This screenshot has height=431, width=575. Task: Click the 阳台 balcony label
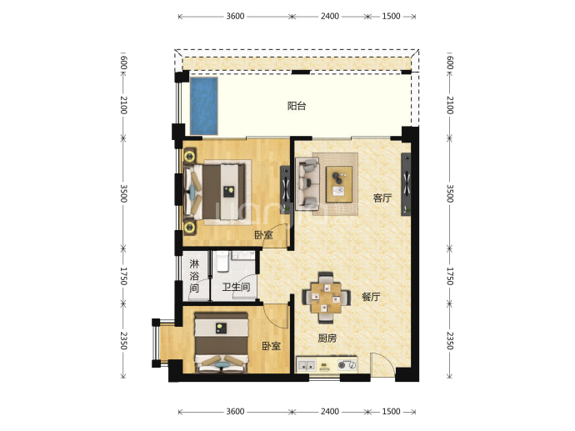[297, 106]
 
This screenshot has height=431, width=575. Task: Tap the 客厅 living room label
[382, 198]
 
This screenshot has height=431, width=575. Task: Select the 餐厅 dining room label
[371, 297]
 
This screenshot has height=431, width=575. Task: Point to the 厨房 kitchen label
[327, 338]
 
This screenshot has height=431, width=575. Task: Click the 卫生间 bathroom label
[236, 287]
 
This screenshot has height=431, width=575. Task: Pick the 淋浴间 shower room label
[194, 275]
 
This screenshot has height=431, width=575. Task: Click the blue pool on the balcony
[203, 106]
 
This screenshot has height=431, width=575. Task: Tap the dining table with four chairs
[326, 298]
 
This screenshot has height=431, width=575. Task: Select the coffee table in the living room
[339, 184]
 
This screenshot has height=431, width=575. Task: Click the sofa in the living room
[307, 183]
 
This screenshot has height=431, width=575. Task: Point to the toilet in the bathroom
[222, 262]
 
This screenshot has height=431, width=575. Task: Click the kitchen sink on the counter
[306, 365]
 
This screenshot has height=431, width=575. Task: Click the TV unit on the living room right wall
[406, 184]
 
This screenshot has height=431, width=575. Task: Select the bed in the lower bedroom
[222, 343]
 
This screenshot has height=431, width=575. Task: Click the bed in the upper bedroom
[214, 192]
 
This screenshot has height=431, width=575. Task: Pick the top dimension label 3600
[235, 16]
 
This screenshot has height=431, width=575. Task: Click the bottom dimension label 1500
[391, 411]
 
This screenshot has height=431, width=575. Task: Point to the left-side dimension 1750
[123, 276]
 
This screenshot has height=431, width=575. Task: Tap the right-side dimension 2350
[450, 341]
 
